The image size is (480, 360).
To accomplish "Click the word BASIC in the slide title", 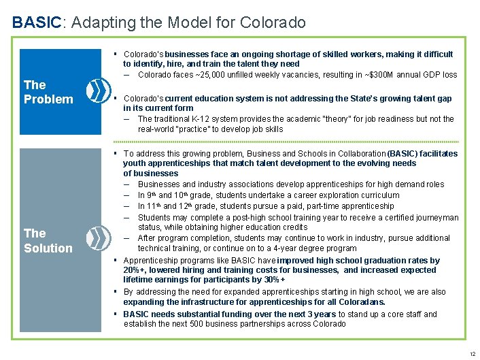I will pos(37,22).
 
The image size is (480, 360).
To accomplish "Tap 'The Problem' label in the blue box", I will pos(48,92).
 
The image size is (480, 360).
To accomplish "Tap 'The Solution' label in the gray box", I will pos(48,241).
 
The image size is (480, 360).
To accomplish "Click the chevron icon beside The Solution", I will pos(99,238).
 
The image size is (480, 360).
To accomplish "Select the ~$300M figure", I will pos(378,75).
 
